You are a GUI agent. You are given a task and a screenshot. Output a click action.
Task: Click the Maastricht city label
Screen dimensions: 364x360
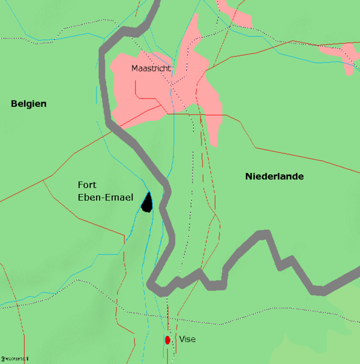[151, 68]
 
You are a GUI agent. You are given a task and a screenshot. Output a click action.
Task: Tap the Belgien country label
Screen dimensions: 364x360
[29, 104]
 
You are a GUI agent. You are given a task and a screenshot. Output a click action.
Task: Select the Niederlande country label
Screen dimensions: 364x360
[274, 177]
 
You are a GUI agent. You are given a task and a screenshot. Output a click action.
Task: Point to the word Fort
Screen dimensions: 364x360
[87, 185]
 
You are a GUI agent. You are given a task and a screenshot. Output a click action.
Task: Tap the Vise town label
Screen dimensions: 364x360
[187, 339]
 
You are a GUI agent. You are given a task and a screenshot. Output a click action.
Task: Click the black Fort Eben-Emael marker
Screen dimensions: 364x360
[147, 202]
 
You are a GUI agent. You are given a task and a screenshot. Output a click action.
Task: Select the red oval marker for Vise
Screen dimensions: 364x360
[168, 340]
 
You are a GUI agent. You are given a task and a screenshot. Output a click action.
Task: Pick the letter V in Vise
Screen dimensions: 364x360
[182, 339]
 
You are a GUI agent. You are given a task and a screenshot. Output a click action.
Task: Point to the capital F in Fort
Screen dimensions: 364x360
[81, 185]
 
